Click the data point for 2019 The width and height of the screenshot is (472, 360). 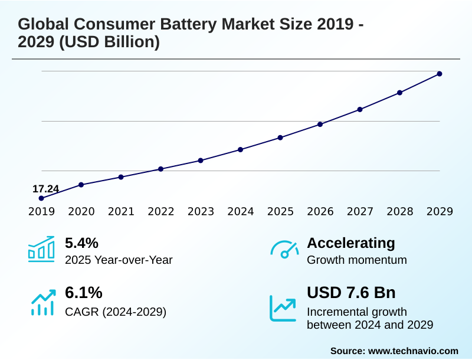pos(41,198)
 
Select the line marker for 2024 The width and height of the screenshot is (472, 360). pos(241,149)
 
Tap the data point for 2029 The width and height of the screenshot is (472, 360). pos(440,74)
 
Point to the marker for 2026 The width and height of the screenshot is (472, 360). pos(320,125)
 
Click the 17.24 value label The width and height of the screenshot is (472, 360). pos(45,189)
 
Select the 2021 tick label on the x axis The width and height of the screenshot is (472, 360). pos(121,212)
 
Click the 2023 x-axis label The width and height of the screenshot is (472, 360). pos(201,212)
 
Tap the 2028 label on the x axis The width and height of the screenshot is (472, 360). pos(399,212)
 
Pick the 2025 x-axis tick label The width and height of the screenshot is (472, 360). pos(280,212)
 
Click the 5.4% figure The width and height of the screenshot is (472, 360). pos(81,243)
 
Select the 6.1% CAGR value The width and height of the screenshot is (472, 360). pos(83,293)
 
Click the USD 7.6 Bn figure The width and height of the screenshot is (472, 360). pos(351,293)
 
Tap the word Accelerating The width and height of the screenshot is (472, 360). pos(351,243)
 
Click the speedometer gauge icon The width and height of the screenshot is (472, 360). pos(284,250)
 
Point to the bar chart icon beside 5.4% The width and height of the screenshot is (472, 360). pos(41,250)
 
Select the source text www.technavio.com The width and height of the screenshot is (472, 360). pos(413,351)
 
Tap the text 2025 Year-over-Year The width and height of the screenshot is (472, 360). pos(119,260)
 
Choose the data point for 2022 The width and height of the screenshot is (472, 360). pos(160,169)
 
